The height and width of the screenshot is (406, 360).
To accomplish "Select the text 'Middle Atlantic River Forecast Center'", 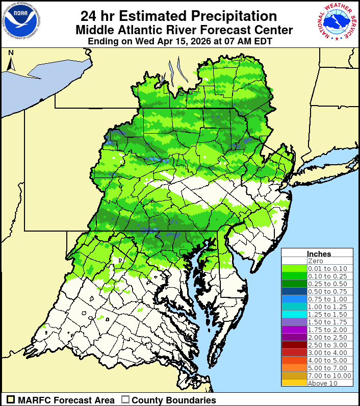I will (x=184, y=30).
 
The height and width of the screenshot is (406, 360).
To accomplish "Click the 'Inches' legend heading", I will (x=319, y=253).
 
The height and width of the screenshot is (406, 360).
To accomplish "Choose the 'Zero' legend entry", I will (x=315, y=261).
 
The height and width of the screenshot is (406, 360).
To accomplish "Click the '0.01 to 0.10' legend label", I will (x=327, y=268).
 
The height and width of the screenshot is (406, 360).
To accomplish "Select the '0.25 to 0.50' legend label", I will (x=327, y=284).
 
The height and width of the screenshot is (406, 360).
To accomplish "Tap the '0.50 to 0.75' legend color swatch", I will (x=294, y=291).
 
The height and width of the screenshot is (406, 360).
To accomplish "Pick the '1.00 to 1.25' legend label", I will (x=327, y=307).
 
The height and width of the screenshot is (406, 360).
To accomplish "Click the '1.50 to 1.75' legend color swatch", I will (x=294, y=322).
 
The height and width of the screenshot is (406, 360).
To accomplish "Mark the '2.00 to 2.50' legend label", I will (x=327, y=337).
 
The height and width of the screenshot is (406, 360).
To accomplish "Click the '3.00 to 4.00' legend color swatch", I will (x=294, y=352).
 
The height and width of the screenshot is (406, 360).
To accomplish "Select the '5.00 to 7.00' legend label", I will (x=327, y=368).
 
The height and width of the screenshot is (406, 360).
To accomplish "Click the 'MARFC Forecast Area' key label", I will (x=66, y=400).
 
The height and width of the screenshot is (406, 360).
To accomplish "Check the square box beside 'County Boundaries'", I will (x=125, y=400).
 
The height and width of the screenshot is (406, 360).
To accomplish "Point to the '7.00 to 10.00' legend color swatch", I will (x=294, y=375).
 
